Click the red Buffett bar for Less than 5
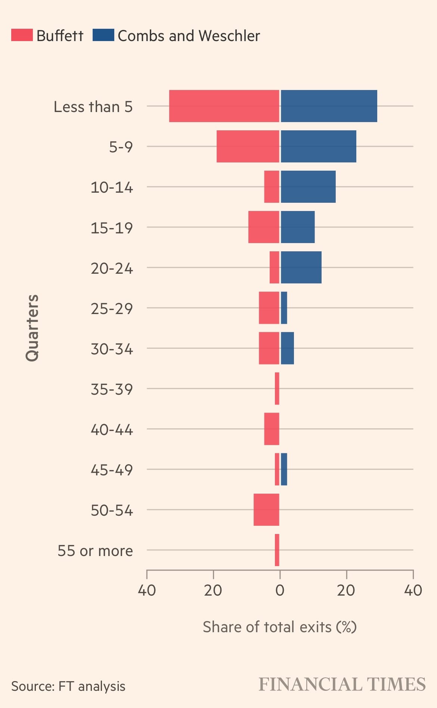tap(224, 106)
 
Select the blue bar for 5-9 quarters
tap(318, 146)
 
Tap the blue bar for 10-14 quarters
tap(308, 187)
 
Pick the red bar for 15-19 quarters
tap(264, 227)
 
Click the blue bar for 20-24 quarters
tap(301, 267)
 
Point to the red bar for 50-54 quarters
tap(266, 510)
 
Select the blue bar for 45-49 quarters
tap(284, 469)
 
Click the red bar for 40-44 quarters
tap(272, 429)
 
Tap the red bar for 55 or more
tap(277, 550)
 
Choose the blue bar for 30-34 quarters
tap(287, 348)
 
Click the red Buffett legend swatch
tap(22, 35)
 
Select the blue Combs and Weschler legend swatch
tap(103, 35)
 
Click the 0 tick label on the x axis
tap(280, 590)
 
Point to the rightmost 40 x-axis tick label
tap(413, 590)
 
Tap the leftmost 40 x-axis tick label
tap(147, 590)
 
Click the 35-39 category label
tap(112, 389)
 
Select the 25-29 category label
tap(112, 309)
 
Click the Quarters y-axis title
tap(32, 328)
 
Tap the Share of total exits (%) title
tap(279, 627)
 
